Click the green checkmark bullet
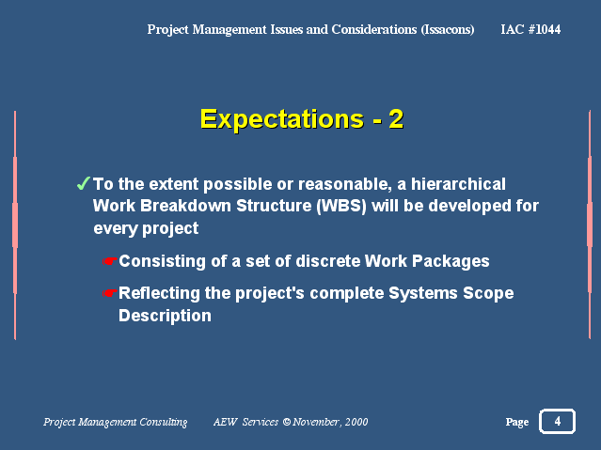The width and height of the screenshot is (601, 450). point(83,183)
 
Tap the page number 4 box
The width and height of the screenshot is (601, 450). point(557,421)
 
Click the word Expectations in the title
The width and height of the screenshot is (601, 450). point(282,119)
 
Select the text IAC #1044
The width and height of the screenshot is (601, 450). point(530,29)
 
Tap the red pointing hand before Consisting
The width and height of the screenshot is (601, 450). point(110,261)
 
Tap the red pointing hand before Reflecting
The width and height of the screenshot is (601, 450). point(110,293)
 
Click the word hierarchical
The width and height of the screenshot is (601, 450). point(458,184)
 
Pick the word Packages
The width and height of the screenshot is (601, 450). point(451,261)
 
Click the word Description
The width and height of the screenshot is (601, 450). point(165,316)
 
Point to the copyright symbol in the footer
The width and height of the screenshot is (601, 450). point(286,422)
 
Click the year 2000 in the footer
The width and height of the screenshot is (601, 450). point(356,422)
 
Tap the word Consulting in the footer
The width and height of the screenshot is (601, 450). point(164,422)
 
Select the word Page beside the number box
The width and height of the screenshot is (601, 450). point(517,422)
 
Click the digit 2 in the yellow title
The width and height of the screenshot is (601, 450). point(396,119)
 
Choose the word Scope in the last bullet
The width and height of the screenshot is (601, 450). point(488,294)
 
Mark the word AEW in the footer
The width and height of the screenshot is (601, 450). point(225,422)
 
